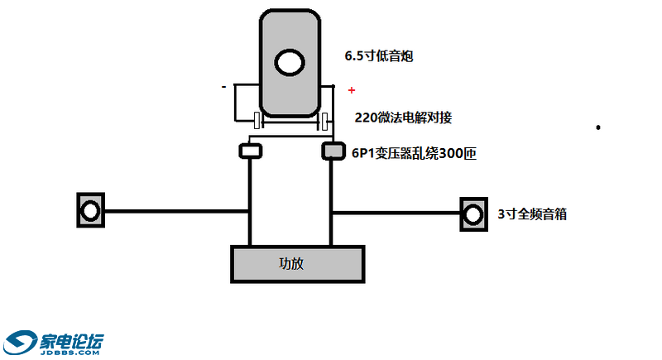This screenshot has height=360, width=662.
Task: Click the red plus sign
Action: click(x=352, y=89)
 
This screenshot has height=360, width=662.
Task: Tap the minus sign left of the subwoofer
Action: click(x=223, y=86)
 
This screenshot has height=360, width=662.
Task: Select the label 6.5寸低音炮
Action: click(x=379, y=56)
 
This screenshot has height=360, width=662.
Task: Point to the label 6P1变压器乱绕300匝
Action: click(x=414, y=153)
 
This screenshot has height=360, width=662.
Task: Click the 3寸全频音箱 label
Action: click(x=532, y=214)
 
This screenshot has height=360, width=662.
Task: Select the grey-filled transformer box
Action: click(x=332, y=151)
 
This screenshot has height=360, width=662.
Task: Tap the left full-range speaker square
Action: click(x=89, y=210)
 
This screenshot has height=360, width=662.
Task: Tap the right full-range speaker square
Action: click(x=473, y=214)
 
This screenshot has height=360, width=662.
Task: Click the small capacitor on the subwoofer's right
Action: click(x=325, y=121)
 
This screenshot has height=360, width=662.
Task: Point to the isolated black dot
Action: click(x=597, y=127)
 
